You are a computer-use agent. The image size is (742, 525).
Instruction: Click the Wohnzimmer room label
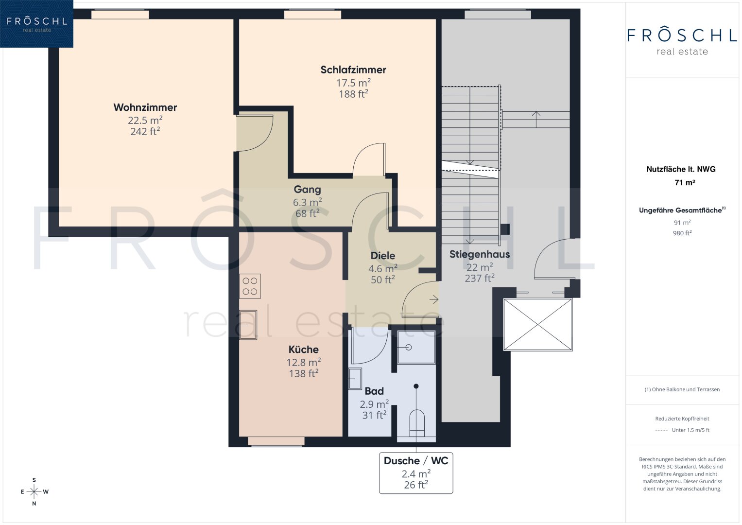pyautogui.click(x=145, y=107)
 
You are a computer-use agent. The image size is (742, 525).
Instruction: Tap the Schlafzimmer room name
pyautogui.click(x=353, y=70)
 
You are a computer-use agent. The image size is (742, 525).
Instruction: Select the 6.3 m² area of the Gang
pyautogui.click(x=308, y=202)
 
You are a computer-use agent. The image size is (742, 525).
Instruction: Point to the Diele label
pyautogui.click(x=382, y=256)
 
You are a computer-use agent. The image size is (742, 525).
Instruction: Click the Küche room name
pyautogui.click(x=303, y=350)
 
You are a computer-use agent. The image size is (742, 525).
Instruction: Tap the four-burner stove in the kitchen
pyautogui.click(x=250, y=286)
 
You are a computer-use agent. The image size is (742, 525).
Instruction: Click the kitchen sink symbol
pyautogui.click(x=248, y=325)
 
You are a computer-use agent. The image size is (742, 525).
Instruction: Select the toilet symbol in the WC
pyautogui.click(x=417, y=423)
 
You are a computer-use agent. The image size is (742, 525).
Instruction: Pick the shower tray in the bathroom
pyautogui.click(x=416, y=348)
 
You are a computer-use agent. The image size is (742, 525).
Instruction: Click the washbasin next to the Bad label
pyautogui.click(x=355, y=379)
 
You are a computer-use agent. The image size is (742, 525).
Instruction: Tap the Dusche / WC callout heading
pyautogui.click(x=416, y=461)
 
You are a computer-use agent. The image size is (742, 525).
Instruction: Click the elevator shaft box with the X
pyautogui.click(x=537, y=325)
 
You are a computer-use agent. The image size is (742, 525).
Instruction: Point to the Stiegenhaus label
pyautogui.click(x=479, y=254)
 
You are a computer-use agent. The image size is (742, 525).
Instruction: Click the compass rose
pyautogui.click(x=34, y=492)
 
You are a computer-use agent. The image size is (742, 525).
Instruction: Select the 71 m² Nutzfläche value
pyautogui.click(x=684, y=182)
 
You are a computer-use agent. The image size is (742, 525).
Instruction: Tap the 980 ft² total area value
pyautogui.click(x=682, y=233)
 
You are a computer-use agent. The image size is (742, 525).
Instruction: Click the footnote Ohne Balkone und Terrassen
pyautogui.click(x=682, y=389)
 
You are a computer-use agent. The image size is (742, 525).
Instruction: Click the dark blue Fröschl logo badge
pyautogui.click(x=37, y=24)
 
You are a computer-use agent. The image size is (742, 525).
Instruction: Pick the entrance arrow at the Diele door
pyautogui.click(x=434, y=299)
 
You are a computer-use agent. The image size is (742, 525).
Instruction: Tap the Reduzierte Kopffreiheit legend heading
pyautogui.click(x=682, y=419)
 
